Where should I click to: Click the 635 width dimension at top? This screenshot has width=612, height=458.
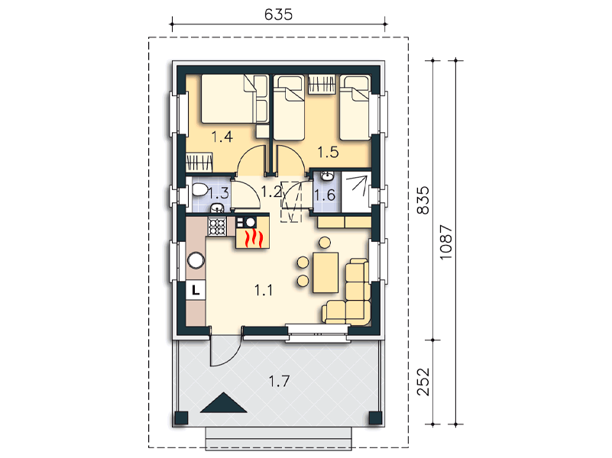[x=278, y=15]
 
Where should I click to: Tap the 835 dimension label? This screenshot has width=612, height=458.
[x=423, y=200]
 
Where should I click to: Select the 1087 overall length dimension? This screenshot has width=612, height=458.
[x=445, y=243]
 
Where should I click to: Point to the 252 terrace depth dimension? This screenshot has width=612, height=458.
[x=423, y=382]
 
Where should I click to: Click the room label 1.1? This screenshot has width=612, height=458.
[x=264, y=290]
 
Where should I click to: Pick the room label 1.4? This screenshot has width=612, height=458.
[x=222, y=137]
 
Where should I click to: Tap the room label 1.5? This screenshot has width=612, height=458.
[x=328, y=152]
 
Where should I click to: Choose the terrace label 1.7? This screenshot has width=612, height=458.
[x=279, y=381]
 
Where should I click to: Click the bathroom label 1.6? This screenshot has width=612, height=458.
[x=325, y=195]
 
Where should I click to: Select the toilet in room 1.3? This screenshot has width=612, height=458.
[x=199, y=190]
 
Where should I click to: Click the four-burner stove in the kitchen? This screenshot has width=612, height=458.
[x=218, y=227]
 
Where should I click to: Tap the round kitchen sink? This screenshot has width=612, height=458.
[x=196, y=260]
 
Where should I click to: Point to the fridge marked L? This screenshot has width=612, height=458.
[x=196, y=289]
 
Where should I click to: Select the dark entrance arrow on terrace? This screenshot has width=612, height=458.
[x=223, y=402]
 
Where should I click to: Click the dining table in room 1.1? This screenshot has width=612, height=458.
[x=325, y=273]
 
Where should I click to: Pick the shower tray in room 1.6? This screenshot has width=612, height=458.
[x=356, y=192]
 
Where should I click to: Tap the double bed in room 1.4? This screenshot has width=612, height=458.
[x=228, y=99]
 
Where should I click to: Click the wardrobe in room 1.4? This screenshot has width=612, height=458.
[x=199, y=162]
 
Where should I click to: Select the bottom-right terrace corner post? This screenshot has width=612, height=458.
[x=375, y=418]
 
